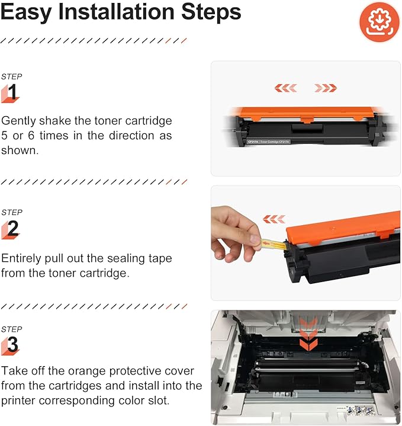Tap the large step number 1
[12, 92]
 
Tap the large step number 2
[12, 229]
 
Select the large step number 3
[12, 345]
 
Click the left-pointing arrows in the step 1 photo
[285, 88]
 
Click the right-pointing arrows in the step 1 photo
[326, 88]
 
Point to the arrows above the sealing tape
[274, 219]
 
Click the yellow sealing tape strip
[273, 242]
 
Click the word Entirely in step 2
[24, 259]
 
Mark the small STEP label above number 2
[11, 212]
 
